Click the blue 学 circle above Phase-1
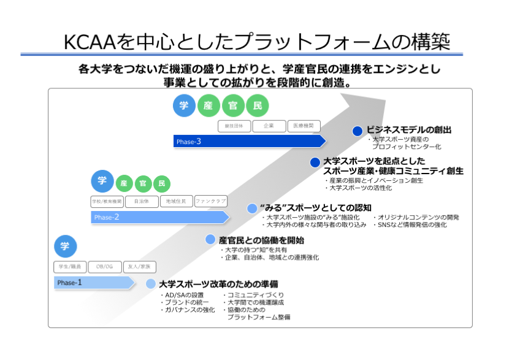(x=65, y=246)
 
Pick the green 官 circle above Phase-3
(x=232, y=105)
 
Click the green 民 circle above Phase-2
(x=162, y=183)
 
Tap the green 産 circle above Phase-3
(x=208, y=105)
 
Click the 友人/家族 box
(x=140, y=267)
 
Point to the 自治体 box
(x=142, y=201)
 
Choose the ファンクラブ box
(x=211, y=201)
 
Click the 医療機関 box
(x=304, y=126)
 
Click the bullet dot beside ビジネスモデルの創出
(x=357, y=131)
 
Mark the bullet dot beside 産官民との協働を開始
(x=210, y=240)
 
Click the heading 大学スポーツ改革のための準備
(x=218, y=285)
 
